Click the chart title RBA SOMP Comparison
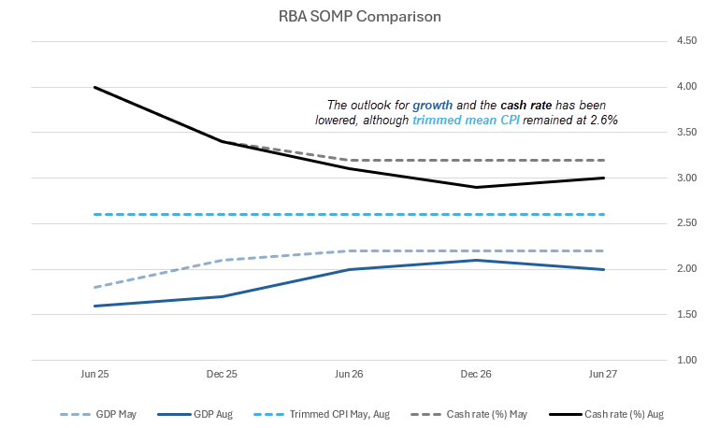point(360,17)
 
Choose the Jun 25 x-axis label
point(94,373)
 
